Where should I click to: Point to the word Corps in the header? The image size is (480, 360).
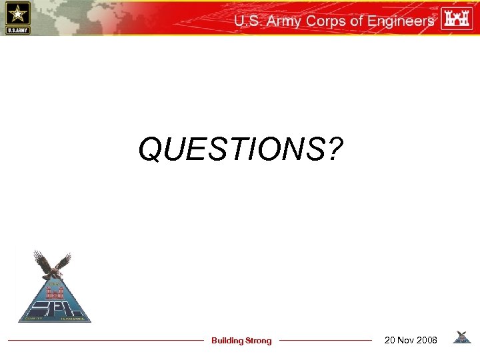tap(326, 21)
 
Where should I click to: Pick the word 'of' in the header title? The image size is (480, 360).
tap(356, 21)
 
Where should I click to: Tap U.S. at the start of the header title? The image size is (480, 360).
tap(247, 21)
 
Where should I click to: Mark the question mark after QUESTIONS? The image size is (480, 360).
tap(331, 149)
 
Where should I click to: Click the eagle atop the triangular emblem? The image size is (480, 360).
tap(53, 264)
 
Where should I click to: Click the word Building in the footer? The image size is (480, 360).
tap(227, 341)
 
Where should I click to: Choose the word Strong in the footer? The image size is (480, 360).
tap(259, 341)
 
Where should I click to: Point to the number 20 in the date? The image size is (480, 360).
tap(390, 341)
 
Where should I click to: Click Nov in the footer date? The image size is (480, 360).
tap(406, 341)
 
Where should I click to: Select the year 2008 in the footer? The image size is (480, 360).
tap(427, 341)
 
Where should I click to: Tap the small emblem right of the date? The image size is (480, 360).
tap(461, 337)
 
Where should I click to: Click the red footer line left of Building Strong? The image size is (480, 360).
tap(107, 341)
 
